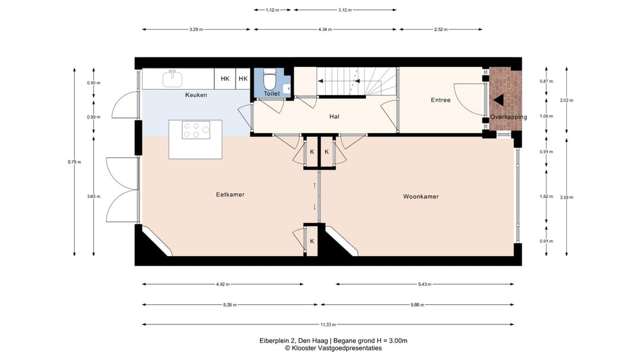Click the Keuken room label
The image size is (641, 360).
coord(196,95)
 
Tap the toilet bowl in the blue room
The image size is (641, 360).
coord(269,80)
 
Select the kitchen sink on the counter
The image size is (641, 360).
coord(173,78)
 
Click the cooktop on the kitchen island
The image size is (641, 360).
coord(196,130)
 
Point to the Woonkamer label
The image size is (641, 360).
coord(421,196)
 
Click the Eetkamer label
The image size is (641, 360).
coord(230,195)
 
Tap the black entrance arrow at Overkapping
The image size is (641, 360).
coord(499,100)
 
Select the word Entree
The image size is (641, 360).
coord(440,100)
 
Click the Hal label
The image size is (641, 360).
coord(334,116)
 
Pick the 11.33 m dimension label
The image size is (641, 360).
coord(328,324)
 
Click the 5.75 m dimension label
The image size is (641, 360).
coord(74,162)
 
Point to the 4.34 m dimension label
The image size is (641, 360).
coord(325,30)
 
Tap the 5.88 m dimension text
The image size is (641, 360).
coord(417,304)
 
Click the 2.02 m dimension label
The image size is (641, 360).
coord(567,100)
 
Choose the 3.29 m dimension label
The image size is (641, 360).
coord(196,30)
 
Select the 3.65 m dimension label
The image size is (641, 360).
coord(94,196)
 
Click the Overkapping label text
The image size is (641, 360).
coord(509,117)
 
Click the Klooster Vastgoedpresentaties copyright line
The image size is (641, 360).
coord(333,348)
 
